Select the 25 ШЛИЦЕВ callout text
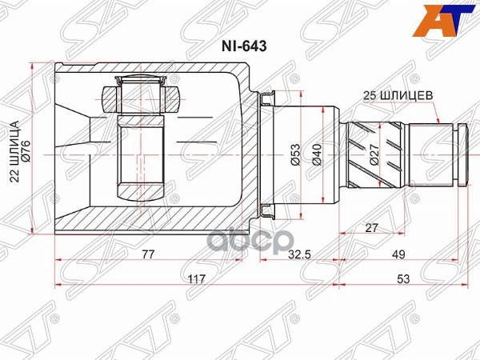tap(400, 94)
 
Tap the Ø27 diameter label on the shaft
tap(374, 155)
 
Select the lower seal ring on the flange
tap(268, 210)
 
